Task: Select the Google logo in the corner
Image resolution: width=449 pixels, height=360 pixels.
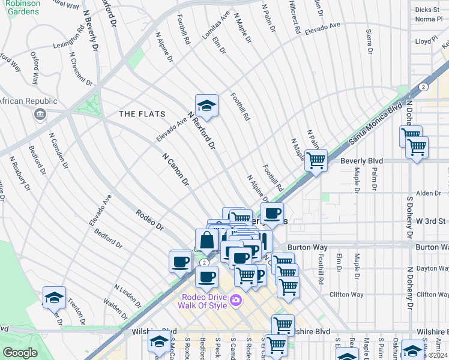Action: coord(20,353)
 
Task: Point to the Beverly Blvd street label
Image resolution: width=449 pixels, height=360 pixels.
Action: coord(361,161)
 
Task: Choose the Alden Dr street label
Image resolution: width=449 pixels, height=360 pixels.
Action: coord(428,193)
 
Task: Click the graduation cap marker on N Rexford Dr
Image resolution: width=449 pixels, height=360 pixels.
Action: coord(206,106)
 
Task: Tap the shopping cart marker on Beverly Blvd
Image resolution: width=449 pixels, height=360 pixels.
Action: coord(316,160)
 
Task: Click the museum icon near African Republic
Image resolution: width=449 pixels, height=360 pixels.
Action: coord(40,114)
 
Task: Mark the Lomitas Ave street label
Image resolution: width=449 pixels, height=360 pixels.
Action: coord(216,25)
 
